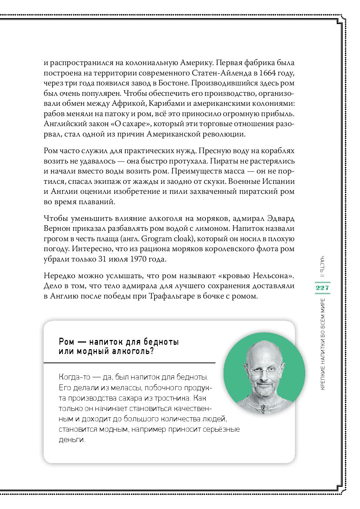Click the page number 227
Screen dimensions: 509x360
322,287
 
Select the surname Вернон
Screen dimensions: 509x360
56,228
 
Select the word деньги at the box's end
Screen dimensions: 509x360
72,440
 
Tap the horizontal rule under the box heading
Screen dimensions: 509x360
129,363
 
